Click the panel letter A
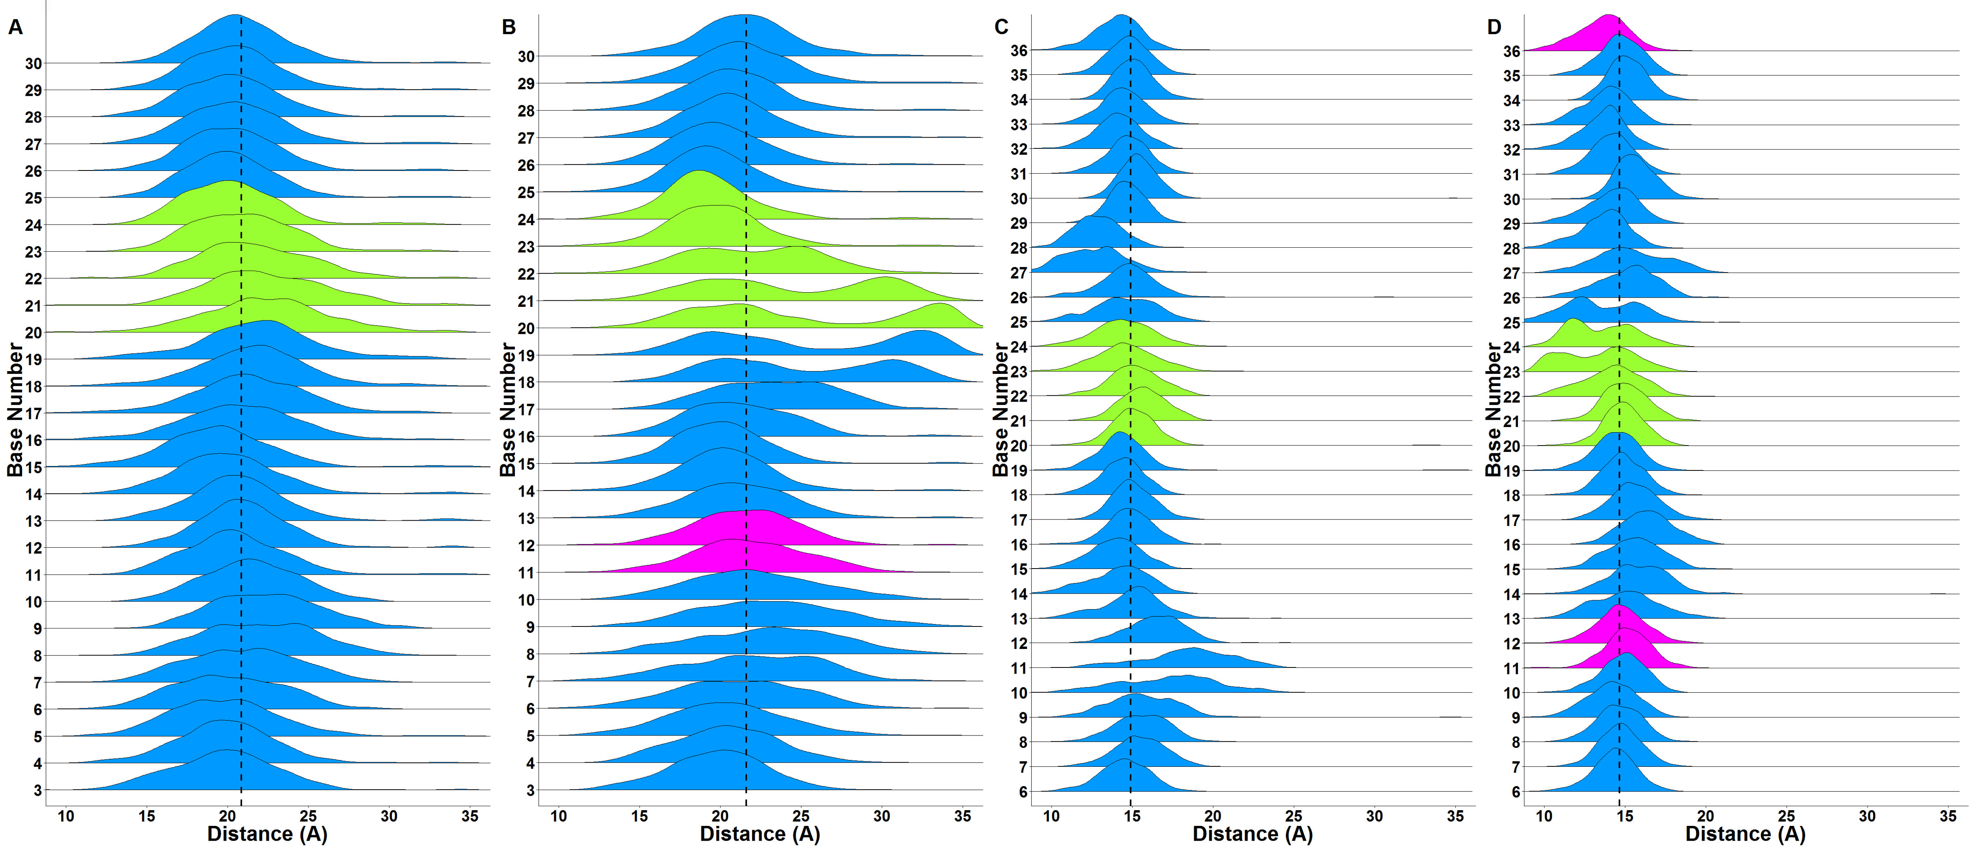pos(15,27)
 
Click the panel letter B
pos(509,27)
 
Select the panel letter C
pos(1002,27)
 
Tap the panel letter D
pos(1494,27)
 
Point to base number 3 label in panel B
pos(529,790)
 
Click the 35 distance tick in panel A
pos(470,816)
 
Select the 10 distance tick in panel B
pos(559,816)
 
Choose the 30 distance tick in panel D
pos(1868,816)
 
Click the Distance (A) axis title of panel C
pos(1253,834)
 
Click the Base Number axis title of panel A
pos(15,409)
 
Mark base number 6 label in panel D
pos(1516,792)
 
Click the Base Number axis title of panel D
pos(1494,409)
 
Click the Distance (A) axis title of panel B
pos(760,834)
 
